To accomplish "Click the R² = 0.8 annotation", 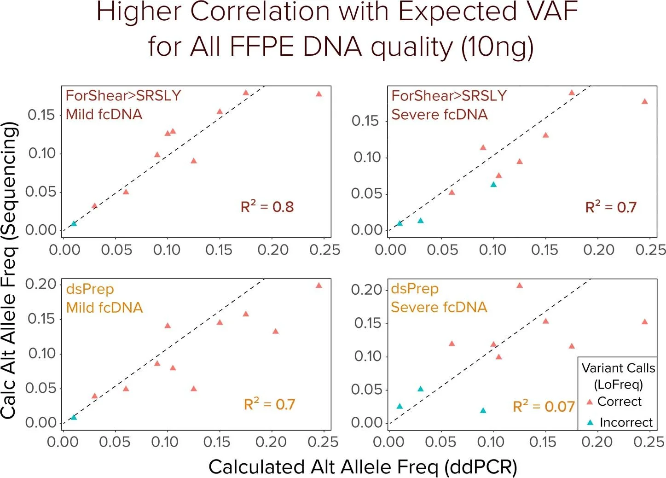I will [x=267, y=207].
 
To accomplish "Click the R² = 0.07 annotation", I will [x=544, y=406].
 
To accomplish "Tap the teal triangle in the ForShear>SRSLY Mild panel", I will [x=74, y=224].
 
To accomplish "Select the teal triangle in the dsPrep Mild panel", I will [x=74, y=417].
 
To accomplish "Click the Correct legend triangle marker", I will [x=589, y=402].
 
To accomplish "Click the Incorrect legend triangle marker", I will [x=590, y=422].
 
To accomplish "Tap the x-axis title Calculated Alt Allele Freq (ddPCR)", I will [x=363, y=466].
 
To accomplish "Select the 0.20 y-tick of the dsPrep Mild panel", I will [x=41, y=284].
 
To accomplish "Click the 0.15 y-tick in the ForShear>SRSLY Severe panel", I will [x=365, y=121].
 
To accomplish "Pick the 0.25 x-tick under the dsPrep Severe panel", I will [x=649, y=442].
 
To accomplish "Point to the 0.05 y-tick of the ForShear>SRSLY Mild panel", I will [x=41, y=192].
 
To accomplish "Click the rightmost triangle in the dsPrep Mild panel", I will [x=319, y=286].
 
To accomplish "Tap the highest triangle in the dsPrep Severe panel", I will [x=520, y=286].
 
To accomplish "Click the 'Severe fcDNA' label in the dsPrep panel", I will [x=439, y=307].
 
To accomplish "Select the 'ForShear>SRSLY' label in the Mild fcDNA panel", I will [x=123, y=95].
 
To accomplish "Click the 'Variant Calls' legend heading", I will [x=618, y=368].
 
